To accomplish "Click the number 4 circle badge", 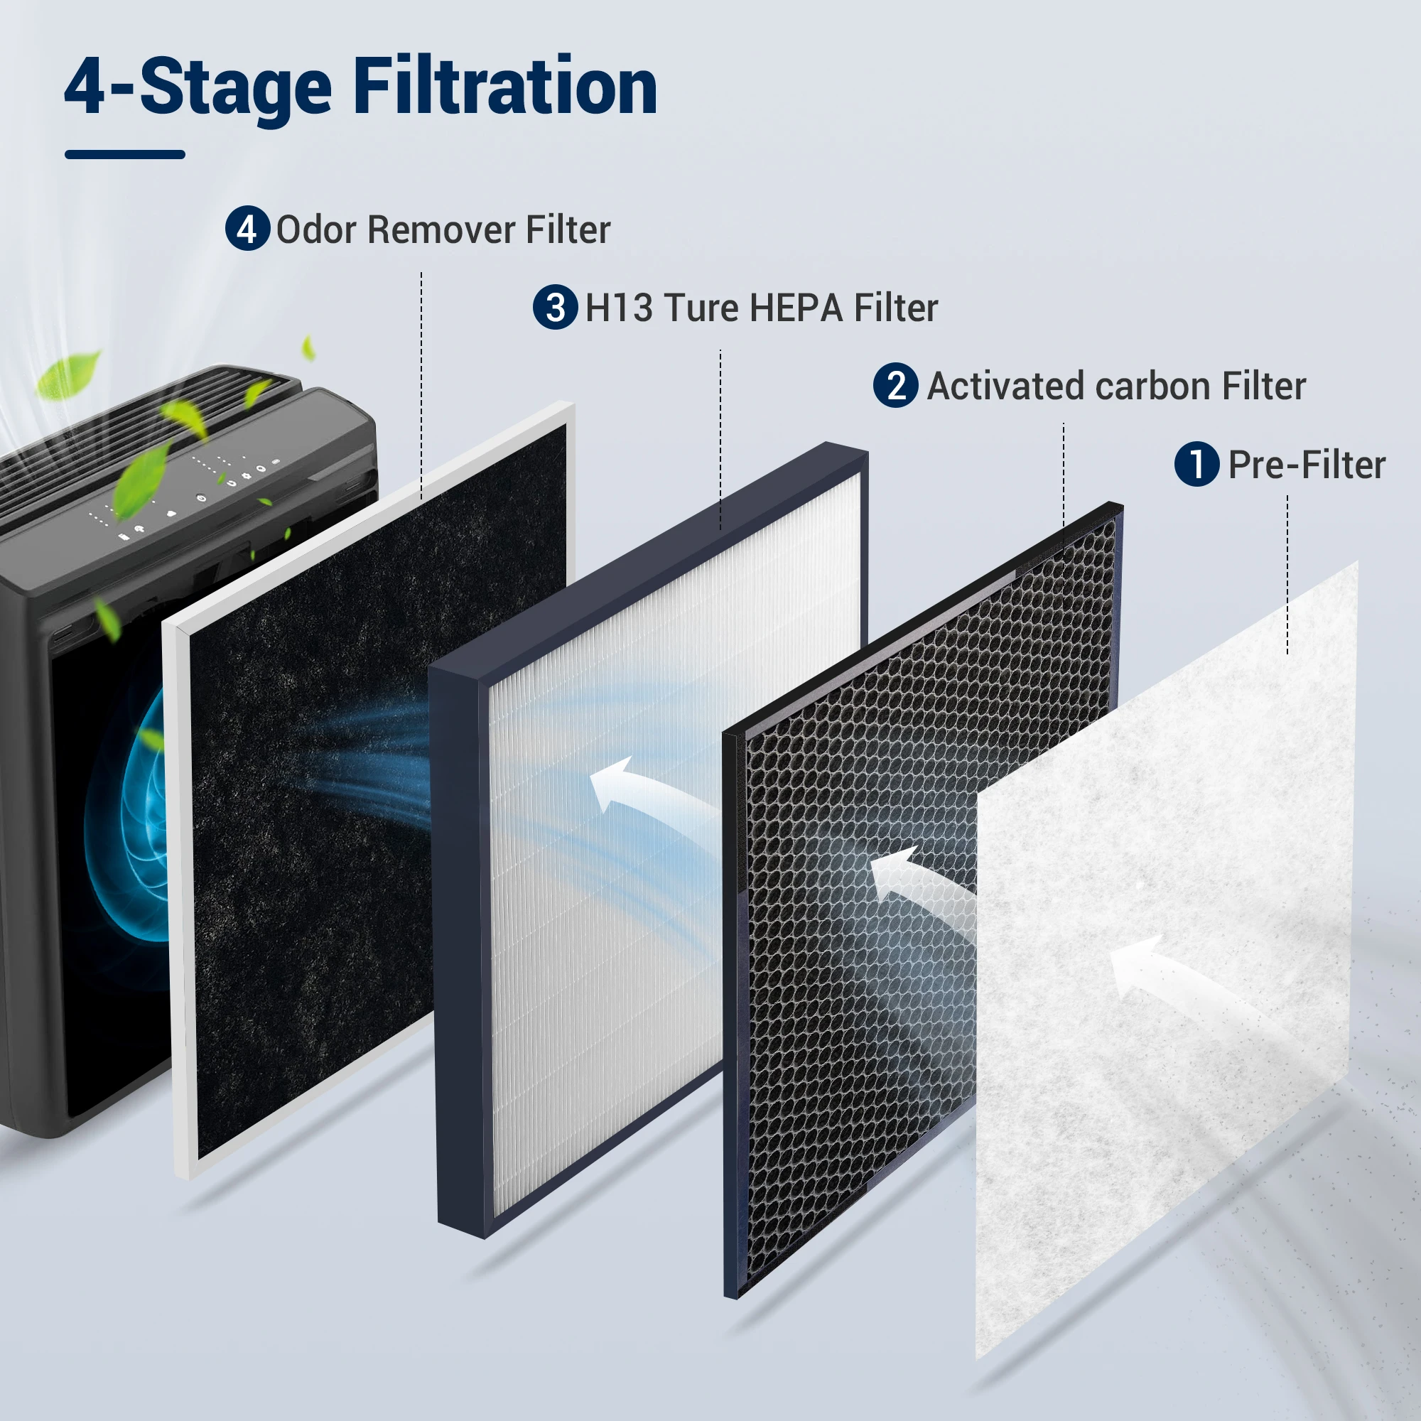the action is pos(247,228).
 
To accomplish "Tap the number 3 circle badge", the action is pos(556,307).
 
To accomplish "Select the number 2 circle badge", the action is pos(896,385).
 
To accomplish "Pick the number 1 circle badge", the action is pos(1197,464).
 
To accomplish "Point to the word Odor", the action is pos(316,229).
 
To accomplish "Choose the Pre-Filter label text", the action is pos(1307,465).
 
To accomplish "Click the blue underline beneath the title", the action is pos(125,154).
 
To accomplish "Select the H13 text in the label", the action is pos(619,308).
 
